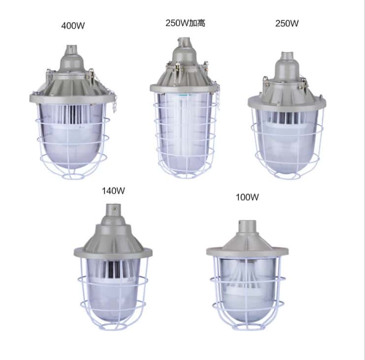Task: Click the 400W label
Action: point(73,26)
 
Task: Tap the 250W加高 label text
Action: point(185,23)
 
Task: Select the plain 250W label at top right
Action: point(287,23)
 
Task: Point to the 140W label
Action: point(113,191)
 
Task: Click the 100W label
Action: point(247,197)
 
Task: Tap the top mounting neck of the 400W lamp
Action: point(71,50)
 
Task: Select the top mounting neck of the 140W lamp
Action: point(114,211)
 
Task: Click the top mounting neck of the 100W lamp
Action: point(247,226)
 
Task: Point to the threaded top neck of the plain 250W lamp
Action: point(287,56)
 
